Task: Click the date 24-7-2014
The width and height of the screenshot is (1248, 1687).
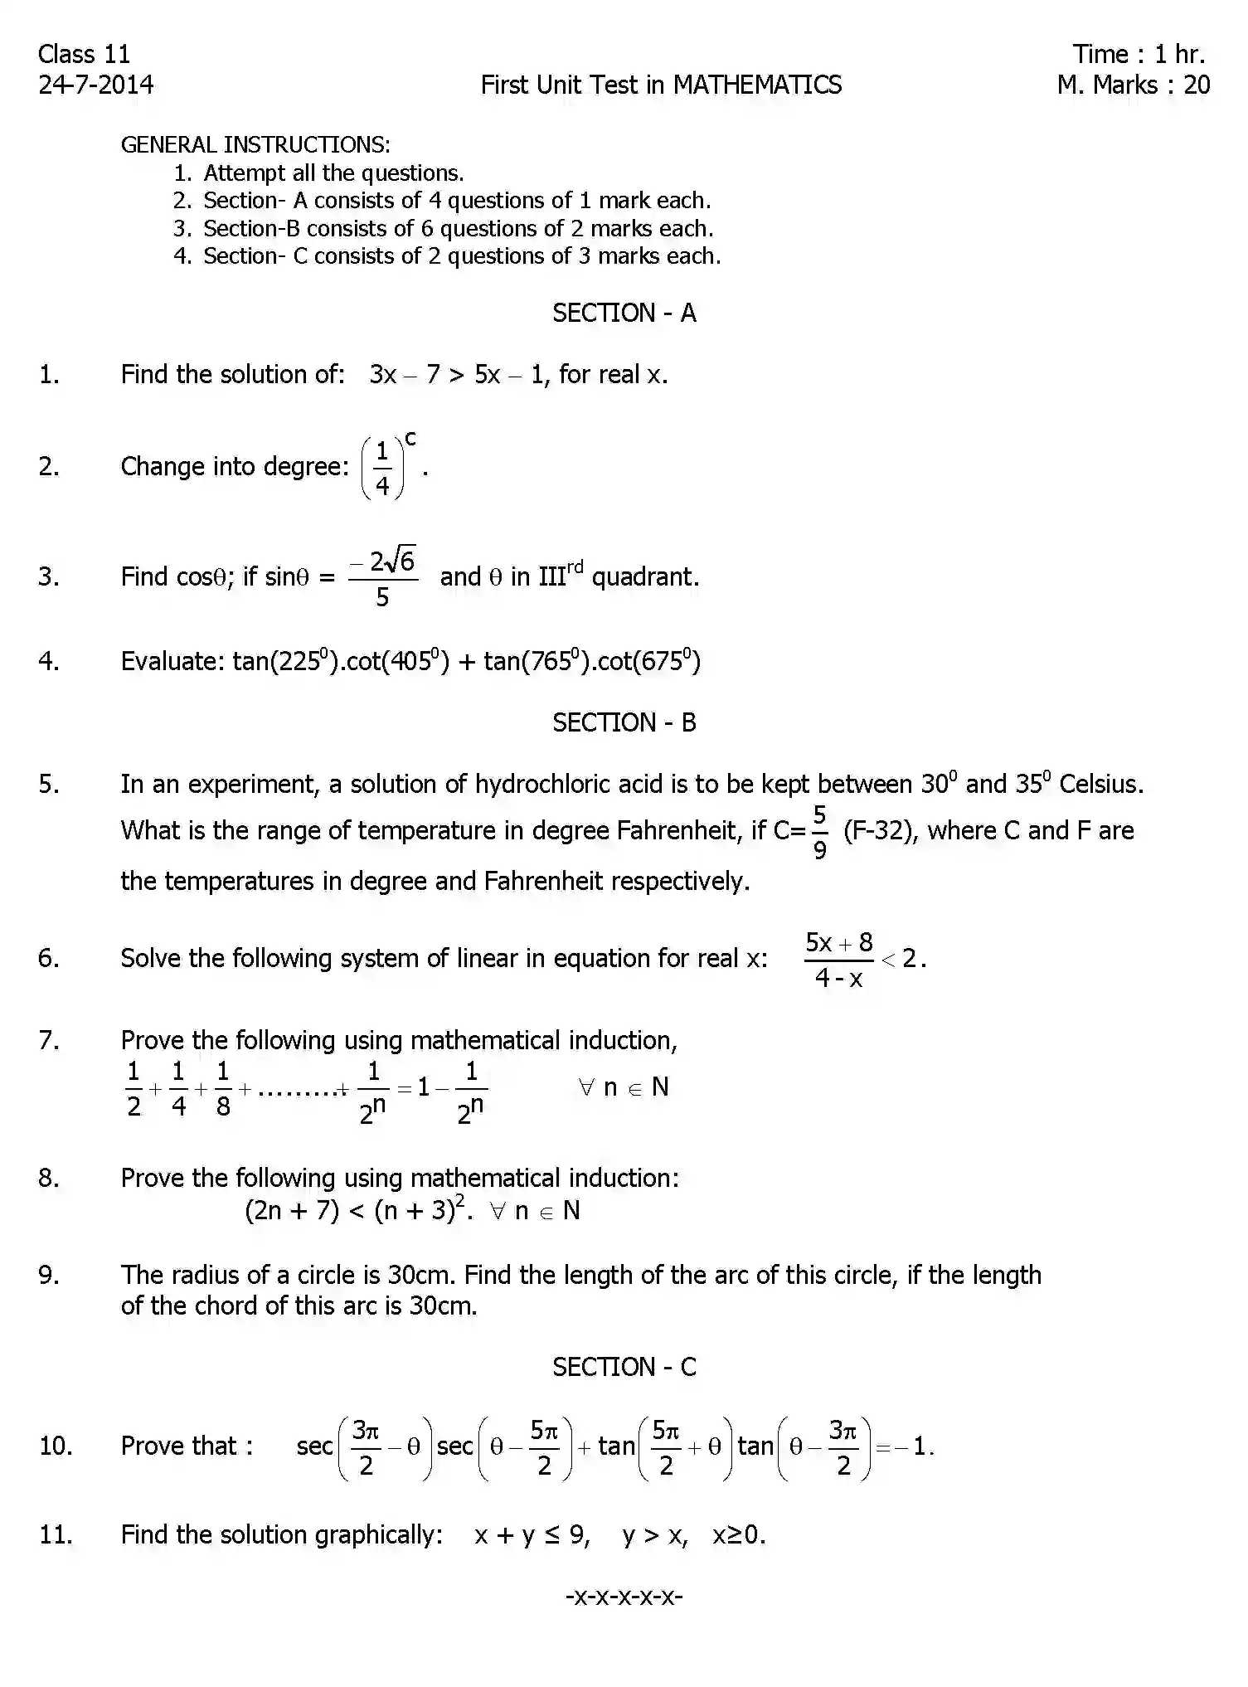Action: pos(95,85)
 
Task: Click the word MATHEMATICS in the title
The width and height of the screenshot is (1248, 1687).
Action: pos(757,85)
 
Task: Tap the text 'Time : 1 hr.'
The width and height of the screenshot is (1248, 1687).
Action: pos(1138,54)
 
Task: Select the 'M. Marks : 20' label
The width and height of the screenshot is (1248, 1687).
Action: pos(1133,85)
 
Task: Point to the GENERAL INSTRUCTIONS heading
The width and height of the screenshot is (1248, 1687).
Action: pos(255,144)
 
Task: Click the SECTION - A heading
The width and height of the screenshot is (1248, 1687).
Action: pos(624,313)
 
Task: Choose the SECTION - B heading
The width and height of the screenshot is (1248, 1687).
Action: pos(624,722)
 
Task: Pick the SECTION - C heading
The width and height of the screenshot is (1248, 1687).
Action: pos(624,1367)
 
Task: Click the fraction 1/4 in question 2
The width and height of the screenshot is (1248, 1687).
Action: pos(382,467)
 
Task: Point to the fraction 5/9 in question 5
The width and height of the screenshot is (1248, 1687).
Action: pos(819,831)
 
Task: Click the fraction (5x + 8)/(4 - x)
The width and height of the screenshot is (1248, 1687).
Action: pos(839,960)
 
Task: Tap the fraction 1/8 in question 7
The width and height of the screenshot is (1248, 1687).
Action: pos(223,1088)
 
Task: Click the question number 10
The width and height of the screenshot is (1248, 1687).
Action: pos(56,1446)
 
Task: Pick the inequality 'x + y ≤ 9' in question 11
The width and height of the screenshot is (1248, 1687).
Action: pos(531,1535)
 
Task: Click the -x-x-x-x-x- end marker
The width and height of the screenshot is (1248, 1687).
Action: pos(624,1596)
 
